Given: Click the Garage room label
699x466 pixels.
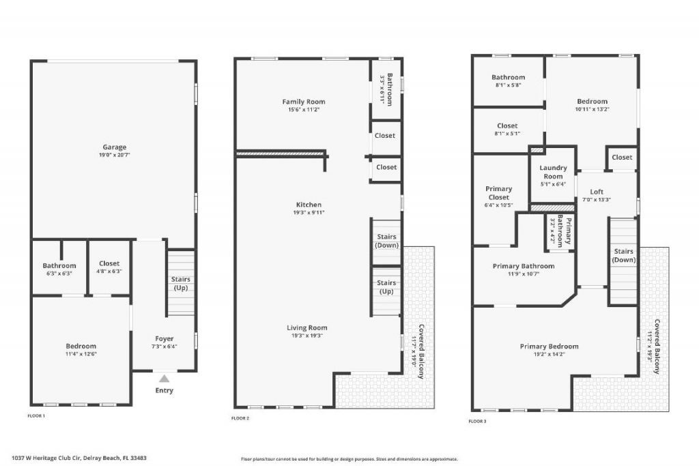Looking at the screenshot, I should click(x=114, y=147).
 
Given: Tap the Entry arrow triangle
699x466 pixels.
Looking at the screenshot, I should click(x=164, y=378).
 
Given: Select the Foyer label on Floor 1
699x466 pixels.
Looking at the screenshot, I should click(x=164, y=338).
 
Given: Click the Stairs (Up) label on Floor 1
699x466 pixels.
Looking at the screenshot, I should click(x=181, y=284).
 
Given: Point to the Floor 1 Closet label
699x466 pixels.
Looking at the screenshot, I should click(x=109, y=263).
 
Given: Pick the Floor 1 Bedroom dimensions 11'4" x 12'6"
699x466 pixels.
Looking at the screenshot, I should click(x=81, y=354).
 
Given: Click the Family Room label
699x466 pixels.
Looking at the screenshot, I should click(x=304, y=102).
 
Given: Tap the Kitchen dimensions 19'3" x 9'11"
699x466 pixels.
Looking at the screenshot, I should click(x=309, y=212).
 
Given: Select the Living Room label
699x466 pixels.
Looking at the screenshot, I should click(x=307, y=327).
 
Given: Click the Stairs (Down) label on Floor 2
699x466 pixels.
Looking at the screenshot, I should click(x=387, y=241).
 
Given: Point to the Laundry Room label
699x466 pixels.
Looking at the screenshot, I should click(x=553, y=172).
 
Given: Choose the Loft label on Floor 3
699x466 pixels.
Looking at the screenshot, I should click(x=597, y=192).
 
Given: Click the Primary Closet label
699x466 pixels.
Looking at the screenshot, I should click(x=498, y=193).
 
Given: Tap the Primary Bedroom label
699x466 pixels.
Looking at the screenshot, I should click(x=549, y=346).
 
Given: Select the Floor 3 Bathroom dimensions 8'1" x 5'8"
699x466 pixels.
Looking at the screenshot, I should click(x=508, y=85).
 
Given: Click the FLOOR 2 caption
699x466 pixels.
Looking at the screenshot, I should click(x=240, y=418).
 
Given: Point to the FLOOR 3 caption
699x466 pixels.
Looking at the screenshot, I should click(x=477, y=421).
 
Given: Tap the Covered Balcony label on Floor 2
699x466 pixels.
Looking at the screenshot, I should click(x=422, y=351).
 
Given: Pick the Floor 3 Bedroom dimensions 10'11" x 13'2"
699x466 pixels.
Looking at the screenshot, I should click(x=591, y=109).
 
